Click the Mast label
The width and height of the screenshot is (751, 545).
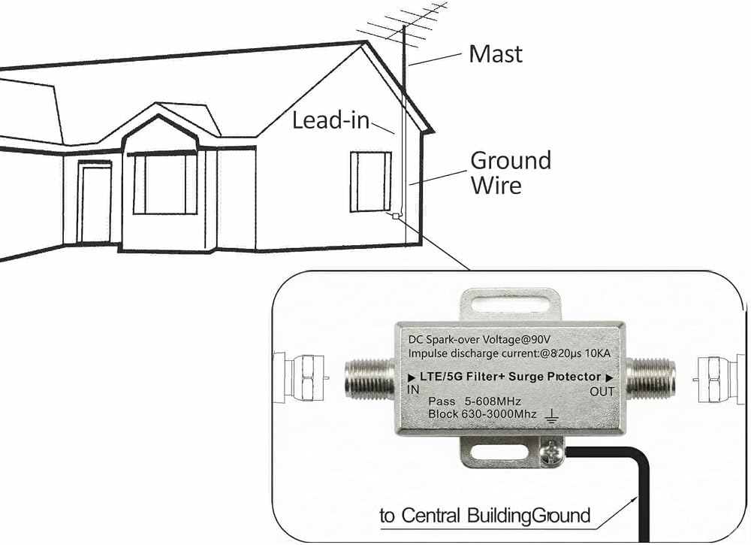(495, 53)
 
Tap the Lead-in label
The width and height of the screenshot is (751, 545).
(331, 120)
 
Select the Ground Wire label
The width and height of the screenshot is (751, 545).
(511, 173)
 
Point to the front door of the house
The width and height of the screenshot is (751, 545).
(96, 203)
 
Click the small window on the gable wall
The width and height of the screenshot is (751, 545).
(371, 181)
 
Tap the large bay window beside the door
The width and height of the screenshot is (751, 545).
(164, 183)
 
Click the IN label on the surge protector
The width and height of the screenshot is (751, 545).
(413, 389)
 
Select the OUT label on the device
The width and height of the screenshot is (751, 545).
(602, 392)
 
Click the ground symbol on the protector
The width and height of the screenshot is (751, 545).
(552, 417)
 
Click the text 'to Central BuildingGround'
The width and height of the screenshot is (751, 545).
(484, 516)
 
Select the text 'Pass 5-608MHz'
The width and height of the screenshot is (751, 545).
(474, 401)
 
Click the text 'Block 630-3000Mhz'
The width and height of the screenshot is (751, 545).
(482, 413)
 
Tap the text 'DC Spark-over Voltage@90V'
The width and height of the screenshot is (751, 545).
(479, 339)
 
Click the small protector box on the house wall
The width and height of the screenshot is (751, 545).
(395, 216)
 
